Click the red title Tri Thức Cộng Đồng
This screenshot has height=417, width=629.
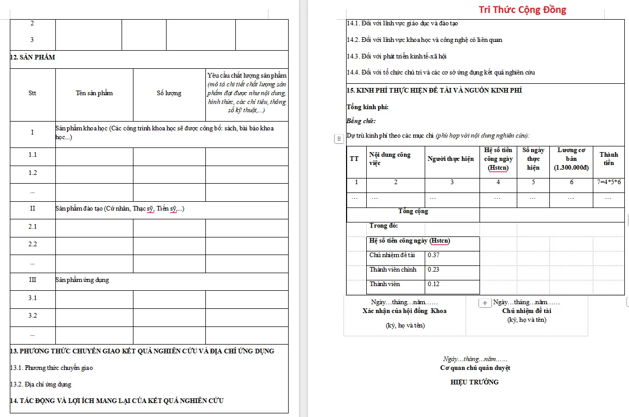pos(522,10)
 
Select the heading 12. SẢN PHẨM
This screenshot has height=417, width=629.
pos(33,57)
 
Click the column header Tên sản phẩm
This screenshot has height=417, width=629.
pos(94,93)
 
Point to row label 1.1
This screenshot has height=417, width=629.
pos(33,155)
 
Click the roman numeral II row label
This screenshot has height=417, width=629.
pos(33,209)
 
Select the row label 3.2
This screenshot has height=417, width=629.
pos(33,316)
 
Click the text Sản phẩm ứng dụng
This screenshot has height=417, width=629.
pos(82,280)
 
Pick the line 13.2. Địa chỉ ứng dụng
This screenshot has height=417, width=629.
pos(41,384)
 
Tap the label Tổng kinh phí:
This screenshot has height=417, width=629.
pos(367,108)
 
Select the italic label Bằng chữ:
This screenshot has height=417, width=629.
pos(361,122)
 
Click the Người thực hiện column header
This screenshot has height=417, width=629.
pos(451,159)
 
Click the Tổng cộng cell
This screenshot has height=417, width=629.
pos(413,211)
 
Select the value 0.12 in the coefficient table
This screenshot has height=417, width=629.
pos(433,284)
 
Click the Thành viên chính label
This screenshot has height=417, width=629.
pos(393,270)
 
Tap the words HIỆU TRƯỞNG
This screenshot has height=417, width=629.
pos(475,382)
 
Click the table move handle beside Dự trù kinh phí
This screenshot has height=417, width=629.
pos(339,139)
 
